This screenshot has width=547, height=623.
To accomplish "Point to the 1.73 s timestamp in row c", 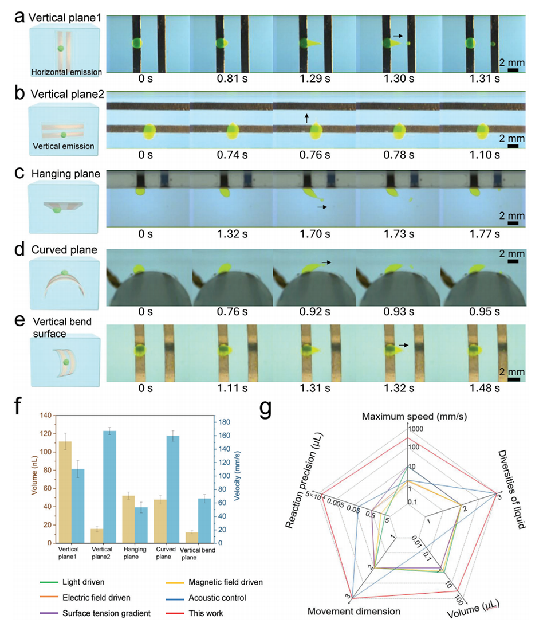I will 399,234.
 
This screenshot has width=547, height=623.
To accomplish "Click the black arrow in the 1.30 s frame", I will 397,36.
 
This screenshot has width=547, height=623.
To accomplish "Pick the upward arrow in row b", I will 307,118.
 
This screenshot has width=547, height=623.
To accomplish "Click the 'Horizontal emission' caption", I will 66,72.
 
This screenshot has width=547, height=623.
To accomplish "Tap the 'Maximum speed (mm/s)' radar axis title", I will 414,416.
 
